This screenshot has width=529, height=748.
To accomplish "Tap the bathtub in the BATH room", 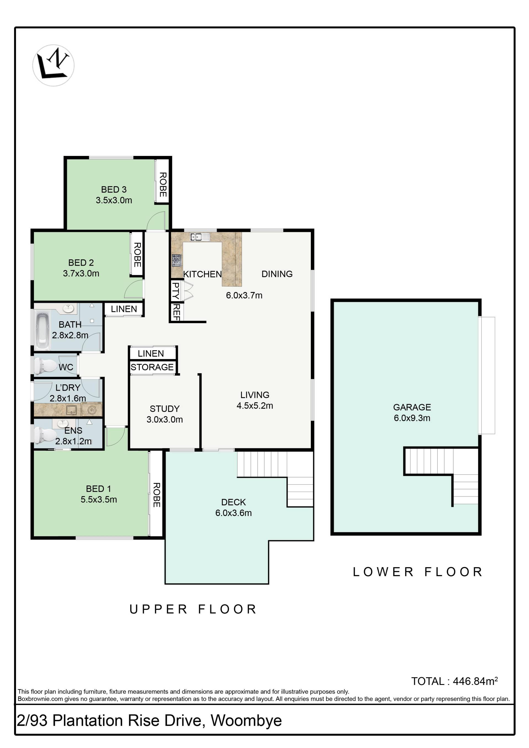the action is [43, 331].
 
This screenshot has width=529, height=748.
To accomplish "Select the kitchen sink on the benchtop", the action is [196, 237].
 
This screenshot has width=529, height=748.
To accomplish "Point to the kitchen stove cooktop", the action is [176, 260].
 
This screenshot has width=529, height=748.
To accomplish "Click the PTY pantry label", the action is [175, 291].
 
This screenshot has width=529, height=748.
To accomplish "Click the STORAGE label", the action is [152, 368].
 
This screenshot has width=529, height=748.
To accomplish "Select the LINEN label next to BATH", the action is [124, 309].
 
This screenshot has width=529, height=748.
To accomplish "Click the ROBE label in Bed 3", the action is [163, 185].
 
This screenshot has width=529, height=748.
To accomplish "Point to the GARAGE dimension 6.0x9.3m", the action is [412, 418].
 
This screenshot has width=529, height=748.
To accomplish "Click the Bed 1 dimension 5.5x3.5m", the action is [99, 499].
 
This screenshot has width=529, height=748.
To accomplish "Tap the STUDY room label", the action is [164, 409].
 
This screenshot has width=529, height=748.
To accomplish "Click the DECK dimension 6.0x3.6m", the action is [234, 513].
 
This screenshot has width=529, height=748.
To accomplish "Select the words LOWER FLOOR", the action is [418, 572].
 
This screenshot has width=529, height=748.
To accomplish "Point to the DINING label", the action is [277, 274].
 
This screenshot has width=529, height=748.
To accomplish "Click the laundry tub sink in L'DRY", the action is [71, 409].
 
